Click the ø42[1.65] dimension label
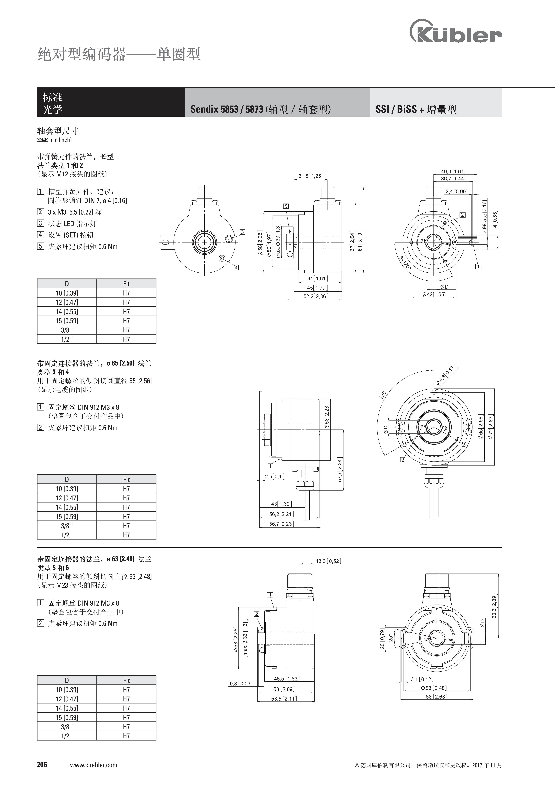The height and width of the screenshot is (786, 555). (x=434, y=294)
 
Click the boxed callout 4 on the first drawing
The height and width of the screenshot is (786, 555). (x=236, y=267)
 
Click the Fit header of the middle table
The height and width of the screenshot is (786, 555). (x=126, y=479)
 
